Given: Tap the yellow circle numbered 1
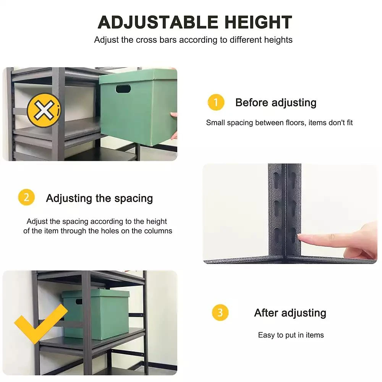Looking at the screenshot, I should click(x=216, y=102).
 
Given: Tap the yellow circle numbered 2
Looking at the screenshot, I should click(x=26, y=198).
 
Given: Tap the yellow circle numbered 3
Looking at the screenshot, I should click(x=220, y=313).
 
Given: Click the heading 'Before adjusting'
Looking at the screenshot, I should click(x=276, y=102).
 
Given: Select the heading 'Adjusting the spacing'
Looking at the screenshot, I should click(x=99, y=198).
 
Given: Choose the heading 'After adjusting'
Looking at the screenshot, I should click(x=290, y=313).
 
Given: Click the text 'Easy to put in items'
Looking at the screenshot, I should click(x=291, y=335).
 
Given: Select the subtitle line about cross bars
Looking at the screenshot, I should click(x=193, y=40).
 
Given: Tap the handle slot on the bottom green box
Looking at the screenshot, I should click(x=79, y=302).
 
